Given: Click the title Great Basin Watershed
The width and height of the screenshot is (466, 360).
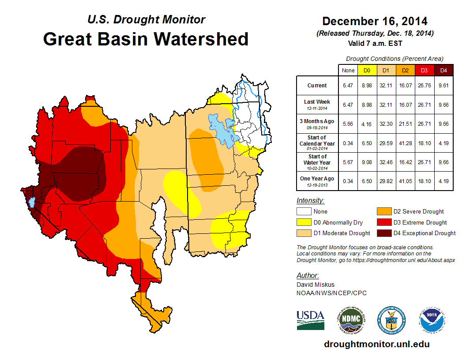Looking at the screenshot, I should [x=146, y=39].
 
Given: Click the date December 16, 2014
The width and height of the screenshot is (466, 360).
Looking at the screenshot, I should [x=375, y=21].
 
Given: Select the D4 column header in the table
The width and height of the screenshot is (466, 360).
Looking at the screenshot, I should [x=443, y=70].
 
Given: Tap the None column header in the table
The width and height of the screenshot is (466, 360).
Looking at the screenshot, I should [x=348, y=70].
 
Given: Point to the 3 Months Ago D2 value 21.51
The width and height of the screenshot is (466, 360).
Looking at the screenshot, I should [x=406, y=124].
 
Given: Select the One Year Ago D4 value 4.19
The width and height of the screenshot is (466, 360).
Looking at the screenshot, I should [x=443, y=181].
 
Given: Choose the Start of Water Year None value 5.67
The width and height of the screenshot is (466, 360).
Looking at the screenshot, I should [x=348, y=162].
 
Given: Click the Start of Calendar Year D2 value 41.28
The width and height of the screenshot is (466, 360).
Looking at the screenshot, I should [x=406, y=143].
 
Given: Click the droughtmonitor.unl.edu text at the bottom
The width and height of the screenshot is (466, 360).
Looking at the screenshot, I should [x=376, y=344].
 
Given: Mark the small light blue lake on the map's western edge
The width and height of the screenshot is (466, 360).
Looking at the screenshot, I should [x=31, y=202].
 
